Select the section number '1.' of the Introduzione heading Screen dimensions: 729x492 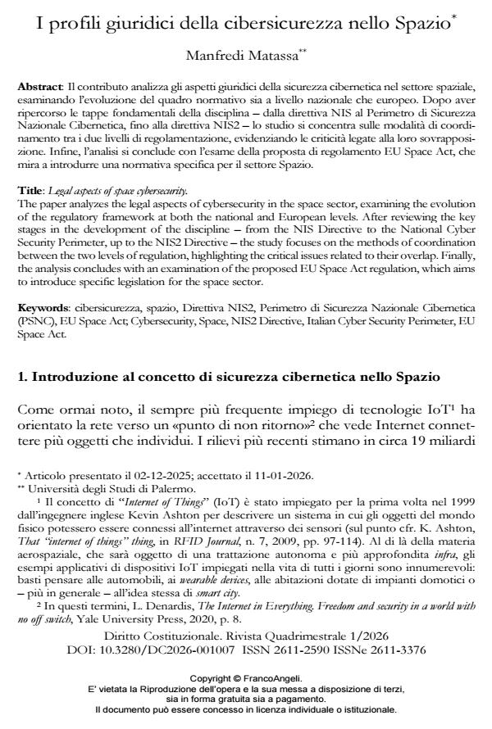tap(23, 377)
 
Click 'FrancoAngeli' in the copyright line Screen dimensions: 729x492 tap(270, 677)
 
